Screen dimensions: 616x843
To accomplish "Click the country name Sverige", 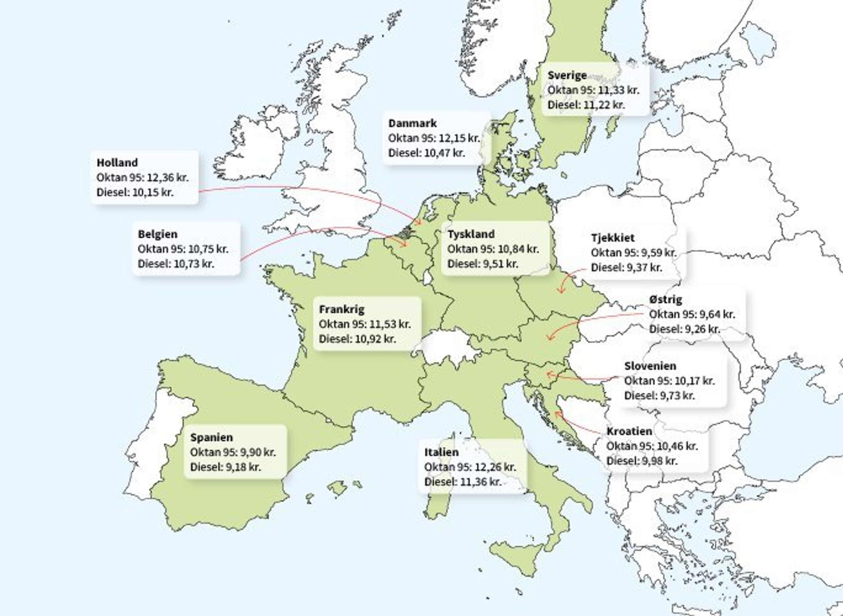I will (567, 75).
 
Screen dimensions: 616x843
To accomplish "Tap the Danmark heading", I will (412, 123).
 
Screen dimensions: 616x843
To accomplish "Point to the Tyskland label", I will (471, 234).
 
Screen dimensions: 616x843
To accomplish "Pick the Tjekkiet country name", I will (612, 238).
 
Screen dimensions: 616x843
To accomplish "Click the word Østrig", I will (665, 300).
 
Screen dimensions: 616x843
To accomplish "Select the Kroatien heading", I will (629, 431).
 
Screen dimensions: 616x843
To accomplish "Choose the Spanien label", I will (211, 437).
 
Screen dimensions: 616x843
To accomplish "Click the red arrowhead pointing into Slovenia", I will (549, 374).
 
